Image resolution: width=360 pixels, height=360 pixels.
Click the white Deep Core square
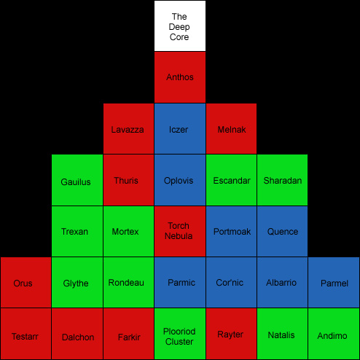tap(180, 26)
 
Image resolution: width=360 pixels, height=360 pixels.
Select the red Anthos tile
tap(180, 77)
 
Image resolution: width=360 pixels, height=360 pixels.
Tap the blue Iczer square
tap(180, 129)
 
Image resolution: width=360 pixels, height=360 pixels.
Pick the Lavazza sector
tap(128, 129)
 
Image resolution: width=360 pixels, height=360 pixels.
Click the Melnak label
tap(232, 130)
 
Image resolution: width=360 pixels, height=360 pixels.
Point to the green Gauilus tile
tap(77, 180)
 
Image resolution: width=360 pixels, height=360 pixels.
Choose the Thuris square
tap(128, 180)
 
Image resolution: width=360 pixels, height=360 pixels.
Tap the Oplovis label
tap(179, 181)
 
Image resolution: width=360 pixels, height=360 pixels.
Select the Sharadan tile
tap(282, 180)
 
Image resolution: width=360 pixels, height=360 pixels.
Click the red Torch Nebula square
tap(180, 232)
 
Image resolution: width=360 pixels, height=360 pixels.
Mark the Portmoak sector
tap(231, 232)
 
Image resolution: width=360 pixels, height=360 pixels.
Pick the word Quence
tap(283, 232)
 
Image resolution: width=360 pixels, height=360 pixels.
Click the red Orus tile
tap(26, 282)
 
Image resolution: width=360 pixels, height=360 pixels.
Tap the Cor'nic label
tap(230, 283)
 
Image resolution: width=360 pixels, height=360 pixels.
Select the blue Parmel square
tap(334, 282)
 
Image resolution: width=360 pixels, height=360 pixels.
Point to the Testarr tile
tap(26, 334)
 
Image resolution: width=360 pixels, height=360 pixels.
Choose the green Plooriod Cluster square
tap(180, 334)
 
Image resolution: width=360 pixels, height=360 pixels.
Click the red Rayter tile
tap(231, 334)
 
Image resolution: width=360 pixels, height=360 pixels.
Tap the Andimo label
tap(332, 336)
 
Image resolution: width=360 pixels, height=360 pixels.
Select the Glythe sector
tap(77, 282)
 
